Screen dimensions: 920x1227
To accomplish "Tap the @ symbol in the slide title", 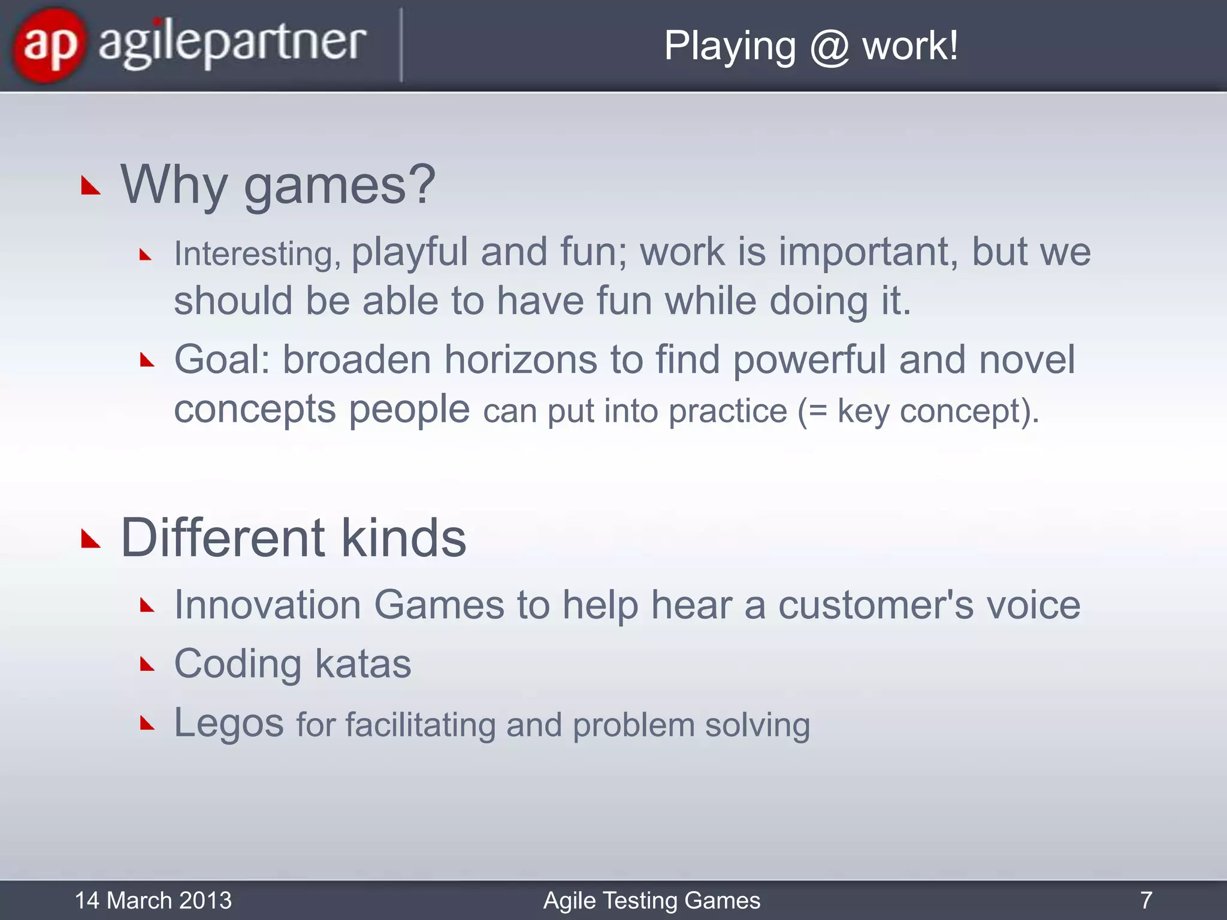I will tap(829, 47).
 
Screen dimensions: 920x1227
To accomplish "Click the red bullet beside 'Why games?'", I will tap(90, 186).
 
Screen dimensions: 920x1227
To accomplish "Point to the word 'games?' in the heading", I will tap(340, 185).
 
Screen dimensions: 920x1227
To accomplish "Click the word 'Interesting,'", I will tap(257, 253).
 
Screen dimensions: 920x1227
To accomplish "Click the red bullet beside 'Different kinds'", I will tap(90, 539).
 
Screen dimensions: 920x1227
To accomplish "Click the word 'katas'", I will tap(363, 664).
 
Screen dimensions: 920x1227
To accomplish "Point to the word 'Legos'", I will tap(229, 723).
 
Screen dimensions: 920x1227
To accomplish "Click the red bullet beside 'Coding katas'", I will tap(147, 664).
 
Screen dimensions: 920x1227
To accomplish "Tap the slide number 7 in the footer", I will tap(1146, 900).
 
